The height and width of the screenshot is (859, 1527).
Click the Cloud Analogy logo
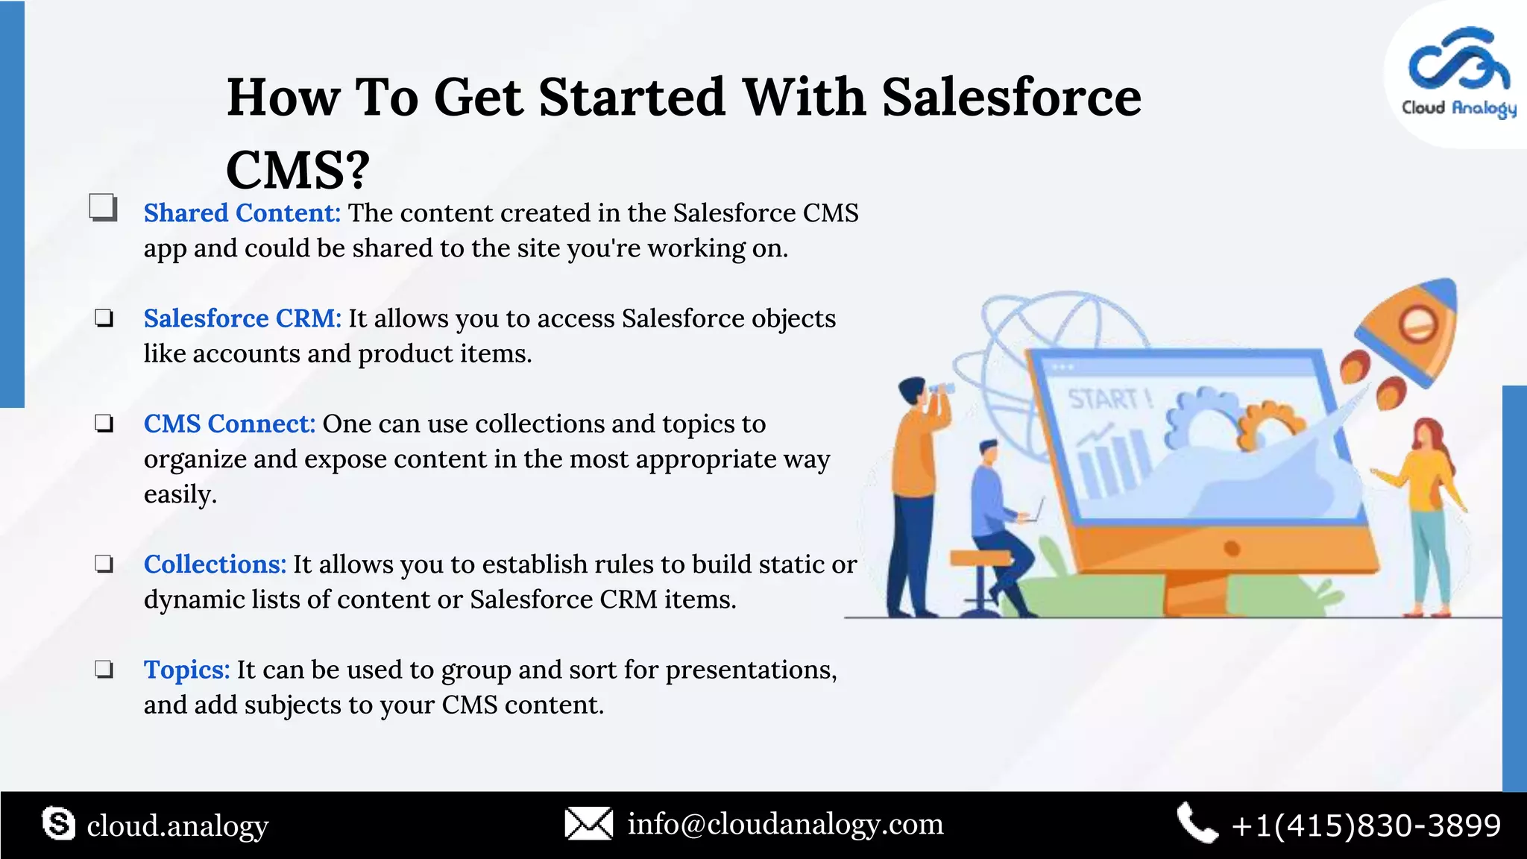tap(1458, 73)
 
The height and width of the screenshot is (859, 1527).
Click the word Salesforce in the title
tap(1011, 98)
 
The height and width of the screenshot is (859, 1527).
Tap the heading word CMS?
tap(297, 170)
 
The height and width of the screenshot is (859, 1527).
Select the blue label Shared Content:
tap(242, 213)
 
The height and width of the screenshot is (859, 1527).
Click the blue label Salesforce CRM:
tap(242, 318)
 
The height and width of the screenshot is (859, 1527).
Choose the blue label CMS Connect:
tap(230, 424)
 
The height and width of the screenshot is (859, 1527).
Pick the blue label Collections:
tap(215, 564)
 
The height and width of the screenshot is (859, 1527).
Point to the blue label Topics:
tap(186, 670)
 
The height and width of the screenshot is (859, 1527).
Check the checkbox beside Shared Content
tap(103, 208)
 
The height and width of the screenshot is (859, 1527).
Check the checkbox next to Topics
tap(104, 669)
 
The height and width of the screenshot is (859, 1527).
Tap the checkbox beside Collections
tap(104, 564)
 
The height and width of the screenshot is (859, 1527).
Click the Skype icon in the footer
tap(58, 824)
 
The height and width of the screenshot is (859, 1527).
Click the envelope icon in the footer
tap(588, 824)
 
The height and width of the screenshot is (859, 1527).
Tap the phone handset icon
tap(1197, 823)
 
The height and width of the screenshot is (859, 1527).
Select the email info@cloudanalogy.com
tap(785, 825)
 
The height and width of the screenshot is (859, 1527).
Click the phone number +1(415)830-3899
tap(1366, 825)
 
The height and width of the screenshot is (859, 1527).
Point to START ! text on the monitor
tap(1109, 400)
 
